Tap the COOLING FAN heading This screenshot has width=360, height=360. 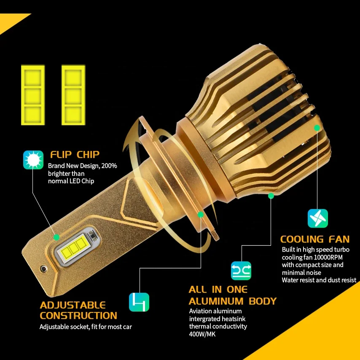coord(315,239)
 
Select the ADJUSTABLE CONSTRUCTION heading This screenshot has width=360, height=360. coord(78,310)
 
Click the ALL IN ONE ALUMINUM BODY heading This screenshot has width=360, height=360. coord(232,296)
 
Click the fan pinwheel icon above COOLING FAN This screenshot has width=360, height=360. coord(318,218)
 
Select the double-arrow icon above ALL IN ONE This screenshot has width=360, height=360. coord(241,270)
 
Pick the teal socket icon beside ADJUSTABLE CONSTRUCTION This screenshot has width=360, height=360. coord(139,302)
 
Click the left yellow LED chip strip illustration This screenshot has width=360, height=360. coord(32,95)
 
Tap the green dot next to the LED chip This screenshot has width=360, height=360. coord(56,237)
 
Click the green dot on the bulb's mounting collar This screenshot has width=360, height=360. coord(201,215)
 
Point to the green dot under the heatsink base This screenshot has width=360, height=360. coord(271,196)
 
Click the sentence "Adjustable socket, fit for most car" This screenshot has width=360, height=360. coord(89,327)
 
